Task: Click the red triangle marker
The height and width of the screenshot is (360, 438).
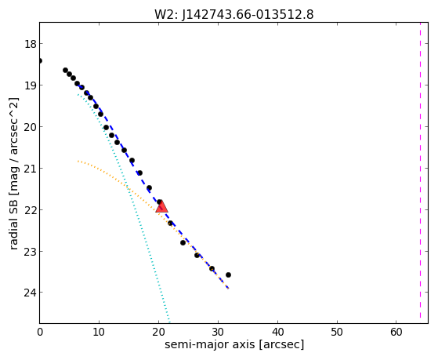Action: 161,206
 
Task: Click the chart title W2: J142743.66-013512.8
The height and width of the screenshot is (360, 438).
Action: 234,14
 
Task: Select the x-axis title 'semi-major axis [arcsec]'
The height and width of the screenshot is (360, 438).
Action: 234,344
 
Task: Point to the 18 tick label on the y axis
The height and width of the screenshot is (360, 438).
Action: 31,44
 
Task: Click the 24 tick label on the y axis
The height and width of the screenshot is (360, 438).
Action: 31,293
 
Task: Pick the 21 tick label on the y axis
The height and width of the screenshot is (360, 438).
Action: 31,169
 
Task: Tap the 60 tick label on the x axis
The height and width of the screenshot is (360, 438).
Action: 396,333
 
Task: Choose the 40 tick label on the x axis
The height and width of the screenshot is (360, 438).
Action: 277,333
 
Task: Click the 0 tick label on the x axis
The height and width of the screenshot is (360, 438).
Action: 40,333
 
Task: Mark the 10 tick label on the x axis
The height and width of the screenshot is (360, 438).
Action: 99,333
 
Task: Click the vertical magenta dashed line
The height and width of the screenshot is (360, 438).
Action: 420,173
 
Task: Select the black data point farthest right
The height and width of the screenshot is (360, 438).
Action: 228,275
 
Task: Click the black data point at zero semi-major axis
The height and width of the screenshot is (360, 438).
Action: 40,60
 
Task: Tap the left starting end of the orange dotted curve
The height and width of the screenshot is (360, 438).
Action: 78,161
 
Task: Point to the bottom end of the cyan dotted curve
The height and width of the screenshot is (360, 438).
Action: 169,322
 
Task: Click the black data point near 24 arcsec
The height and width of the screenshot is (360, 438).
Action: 183,242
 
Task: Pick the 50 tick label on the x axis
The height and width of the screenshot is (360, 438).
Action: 337,333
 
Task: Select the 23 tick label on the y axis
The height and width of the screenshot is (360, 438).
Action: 31,252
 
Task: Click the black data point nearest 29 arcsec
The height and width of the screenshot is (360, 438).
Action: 212,268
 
